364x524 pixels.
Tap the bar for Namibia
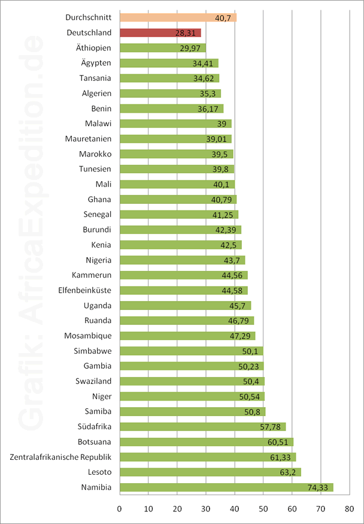(226, 487)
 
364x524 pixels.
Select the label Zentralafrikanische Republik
(60, 457)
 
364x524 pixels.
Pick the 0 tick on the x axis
(120, 509)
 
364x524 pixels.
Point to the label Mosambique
(88, 336)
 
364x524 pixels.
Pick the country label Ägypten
(96, 63)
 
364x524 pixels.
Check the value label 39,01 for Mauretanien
(220, 139)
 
